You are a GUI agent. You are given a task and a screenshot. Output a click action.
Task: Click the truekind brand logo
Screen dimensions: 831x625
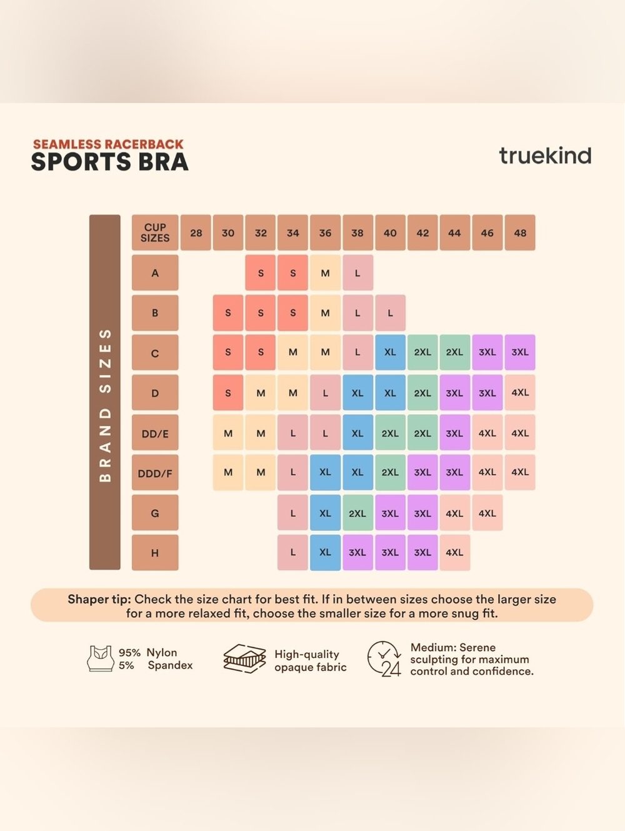pyautogui.click(x=545, y=156)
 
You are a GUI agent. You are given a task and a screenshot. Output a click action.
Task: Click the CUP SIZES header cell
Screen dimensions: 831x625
pyautogui.click(x=155, y=232)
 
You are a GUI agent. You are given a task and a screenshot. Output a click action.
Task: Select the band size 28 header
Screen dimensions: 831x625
pyautogui.click(x=196, y=232)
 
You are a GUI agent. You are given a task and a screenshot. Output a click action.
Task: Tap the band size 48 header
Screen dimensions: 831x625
pyautogui.click(x=520, y=232)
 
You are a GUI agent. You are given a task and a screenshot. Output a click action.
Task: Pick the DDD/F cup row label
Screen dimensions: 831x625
pyautogui.click(x=155, y=473)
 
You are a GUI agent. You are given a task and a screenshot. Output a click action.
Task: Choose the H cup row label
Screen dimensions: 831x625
pyautogui.click(x=155, y=553)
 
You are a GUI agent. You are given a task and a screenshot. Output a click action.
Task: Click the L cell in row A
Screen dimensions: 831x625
pyautogui.click(x=357, y=273)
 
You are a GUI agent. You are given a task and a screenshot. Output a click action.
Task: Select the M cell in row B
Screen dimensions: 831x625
pyautogui.click(x=325, y=312)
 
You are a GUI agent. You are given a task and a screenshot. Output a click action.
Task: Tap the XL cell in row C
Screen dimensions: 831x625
pyautogui.click(x=390, y=352)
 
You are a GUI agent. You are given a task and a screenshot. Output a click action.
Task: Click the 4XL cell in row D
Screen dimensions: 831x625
pyautogui.click(x=520, y=392)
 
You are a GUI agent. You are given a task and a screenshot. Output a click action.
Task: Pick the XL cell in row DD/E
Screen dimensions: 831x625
pyautogui.click(x=357, y=433)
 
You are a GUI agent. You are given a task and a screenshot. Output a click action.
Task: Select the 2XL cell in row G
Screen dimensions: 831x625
pyautogui.click(x=357, y=513)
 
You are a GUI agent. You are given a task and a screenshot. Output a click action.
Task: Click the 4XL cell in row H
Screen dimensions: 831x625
pyautogui.click(x=454, y=553)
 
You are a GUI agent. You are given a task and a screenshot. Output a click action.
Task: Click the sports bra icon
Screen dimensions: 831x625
pyautogui.click(x=100, y=659)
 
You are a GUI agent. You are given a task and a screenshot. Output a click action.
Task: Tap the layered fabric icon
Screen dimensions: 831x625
pyautogui.click(x=244, y=659)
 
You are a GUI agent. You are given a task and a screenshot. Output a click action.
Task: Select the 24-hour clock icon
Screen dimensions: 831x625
pyautogui.click(x=384, y=659)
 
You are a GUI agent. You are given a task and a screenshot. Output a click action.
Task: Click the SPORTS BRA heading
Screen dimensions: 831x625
pyautogui.click(x=110, y=162)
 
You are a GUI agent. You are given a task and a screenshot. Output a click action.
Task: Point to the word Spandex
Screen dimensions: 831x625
pyautogui.click(x=170, y=665)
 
